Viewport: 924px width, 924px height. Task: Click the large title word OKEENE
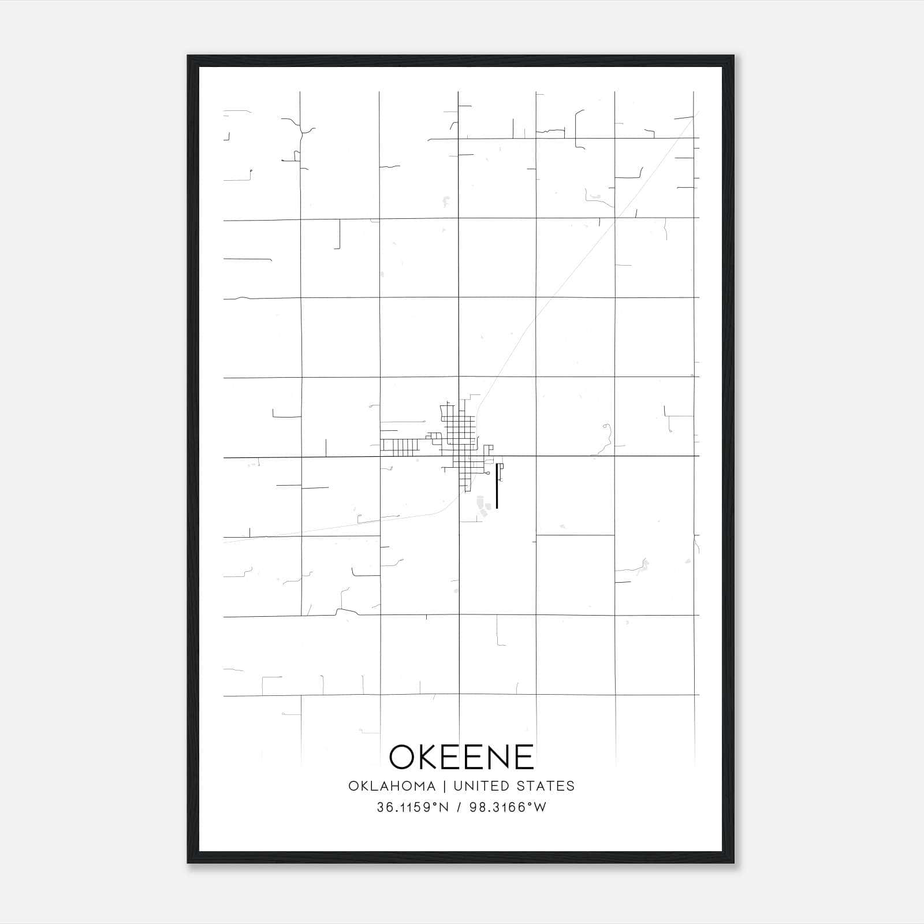pyautogui.click(x=461, y=757)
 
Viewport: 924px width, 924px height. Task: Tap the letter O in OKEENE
pyautogui.click(x=403, y=757)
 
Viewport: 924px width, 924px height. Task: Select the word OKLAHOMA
pyautogui.click(x=392, y=786)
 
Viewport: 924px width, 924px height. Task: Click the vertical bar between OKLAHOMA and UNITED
pyautogui.click(x=445, y=786)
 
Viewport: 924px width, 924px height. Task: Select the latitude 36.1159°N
pyautogui.click(x=412, y=807)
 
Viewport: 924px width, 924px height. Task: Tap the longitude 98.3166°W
pyautogui.click(x=508, y=807)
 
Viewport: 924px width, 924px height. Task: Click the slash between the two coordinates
pyautogui.click(x=459, y=807)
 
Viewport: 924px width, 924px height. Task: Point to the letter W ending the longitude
pyautogui.click(x=539, y=807)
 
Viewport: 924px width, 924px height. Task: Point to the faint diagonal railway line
pyautogui.click(x=566, y=277)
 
